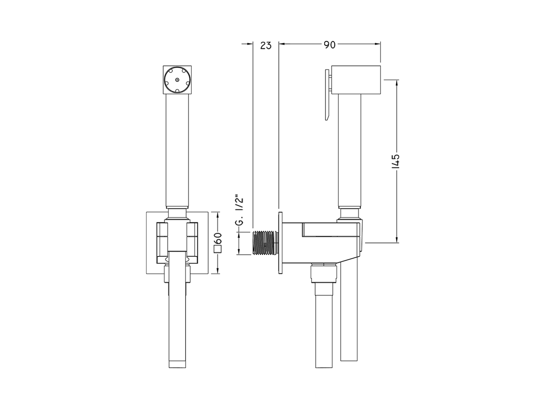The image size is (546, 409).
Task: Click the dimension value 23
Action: [266, 46]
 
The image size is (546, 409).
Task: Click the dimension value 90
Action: [330, 45]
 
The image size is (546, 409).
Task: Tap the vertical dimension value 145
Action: [395, 161]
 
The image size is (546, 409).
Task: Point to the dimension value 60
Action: [218, 239]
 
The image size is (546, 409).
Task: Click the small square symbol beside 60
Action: [218, 249]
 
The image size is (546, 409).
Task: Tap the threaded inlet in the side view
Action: [265, 242]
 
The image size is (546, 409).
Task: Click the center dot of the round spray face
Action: [177, 80]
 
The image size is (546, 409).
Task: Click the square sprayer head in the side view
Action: [356, 80]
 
